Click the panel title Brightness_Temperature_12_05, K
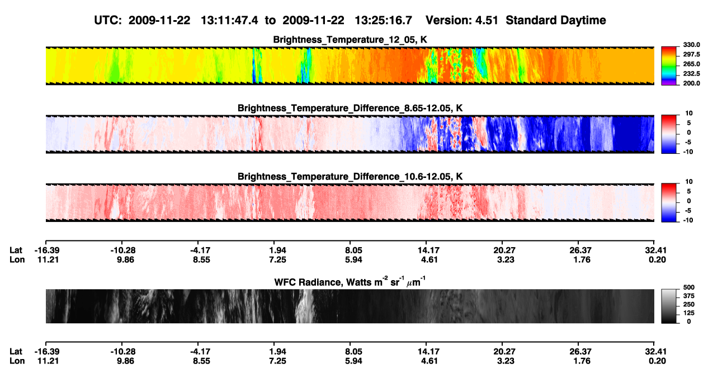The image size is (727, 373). click(x=350, y=40)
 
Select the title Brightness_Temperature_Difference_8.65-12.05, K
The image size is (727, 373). click(x=350, y=108)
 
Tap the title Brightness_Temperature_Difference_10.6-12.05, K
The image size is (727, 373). click(x=350, y=177)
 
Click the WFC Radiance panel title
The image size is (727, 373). click(x=350, y=282)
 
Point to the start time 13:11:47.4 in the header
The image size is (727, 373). click(x=229, y=21)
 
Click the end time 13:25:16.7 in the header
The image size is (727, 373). click(x=383, y=21)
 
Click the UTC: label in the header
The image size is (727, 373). click(x=108, y=21)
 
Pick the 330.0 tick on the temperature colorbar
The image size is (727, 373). click(x=691, y=45)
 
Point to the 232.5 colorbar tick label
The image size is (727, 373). click(x=691, y=74)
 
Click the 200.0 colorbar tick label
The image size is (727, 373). click(x=691, y=83)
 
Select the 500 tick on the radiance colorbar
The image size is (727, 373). click(x=689, y=287)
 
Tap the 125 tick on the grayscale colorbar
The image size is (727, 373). click(x=689, y=313)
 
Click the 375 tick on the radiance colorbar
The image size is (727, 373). click(x=689, y=296)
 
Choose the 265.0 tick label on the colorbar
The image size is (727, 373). click(x=691, y=64)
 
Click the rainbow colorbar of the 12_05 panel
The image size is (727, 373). click(x=669, y=66)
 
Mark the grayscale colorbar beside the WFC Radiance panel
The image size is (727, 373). click(x=669, y=306)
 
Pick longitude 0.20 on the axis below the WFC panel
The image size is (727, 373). click(x=657, y=361)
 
